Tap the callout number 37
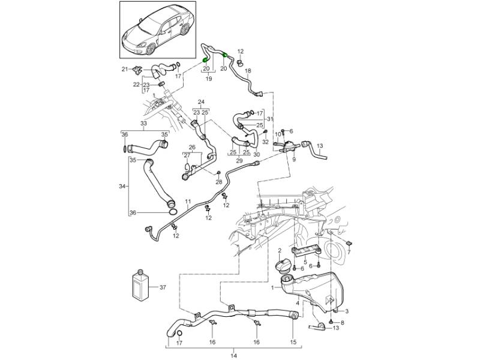point(162,287)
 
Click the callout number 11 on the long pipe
point(188,201)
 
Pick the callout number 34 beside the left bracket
point(122,187)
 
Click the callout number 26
point(192,147)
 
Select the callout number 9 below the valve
point(294,160)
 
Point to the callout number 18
point(248,71)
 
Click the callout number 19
point(209,79)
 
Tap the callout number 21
point(125,70)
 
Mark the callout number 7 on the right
point(349,253)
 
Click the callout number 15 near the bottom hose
point(293,343)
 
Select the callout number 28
point(218,182)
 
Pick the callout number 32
point(266,142)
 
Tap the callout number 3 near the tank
point(346,310)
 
